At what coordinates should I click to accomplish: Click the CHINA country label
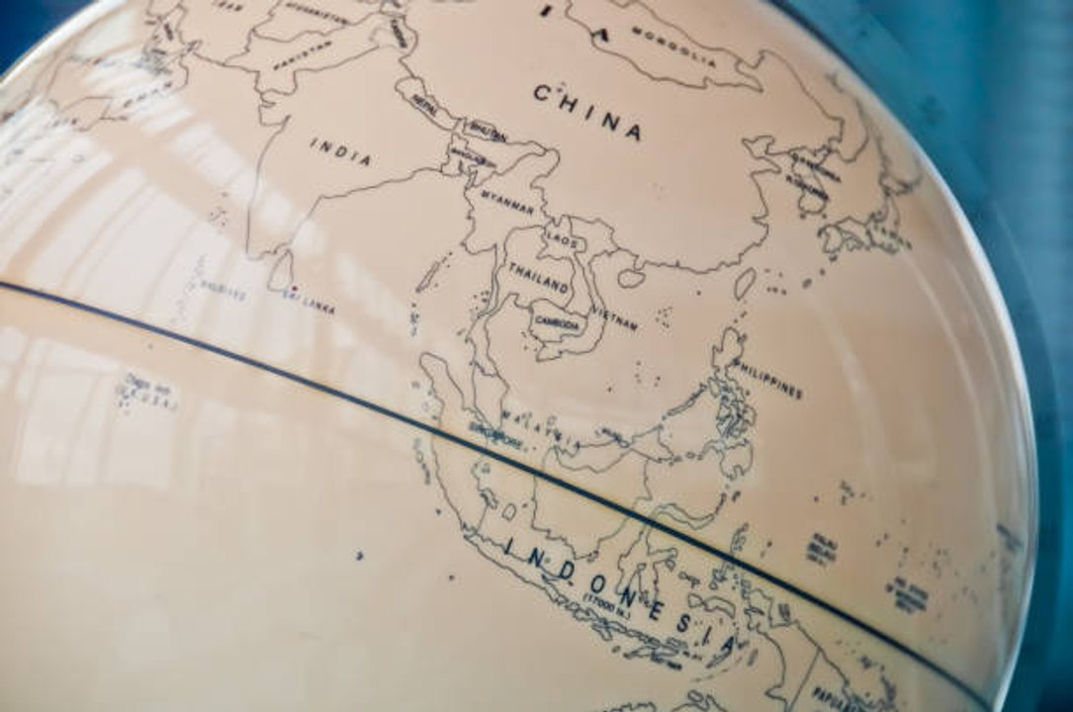[588, 111]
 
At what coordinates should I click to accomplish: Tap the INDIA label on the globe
[341, 151]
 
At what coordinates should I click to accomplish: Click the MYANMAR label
[507, 204]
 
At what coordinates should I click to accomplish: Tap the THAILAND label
[539, 278]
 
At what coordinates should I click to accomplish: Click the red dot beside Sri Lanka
[293, 289]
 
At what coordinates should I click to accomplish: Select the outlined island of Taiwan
[744, 285]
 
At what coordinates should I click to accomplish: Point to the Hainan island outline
[631, 278]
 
